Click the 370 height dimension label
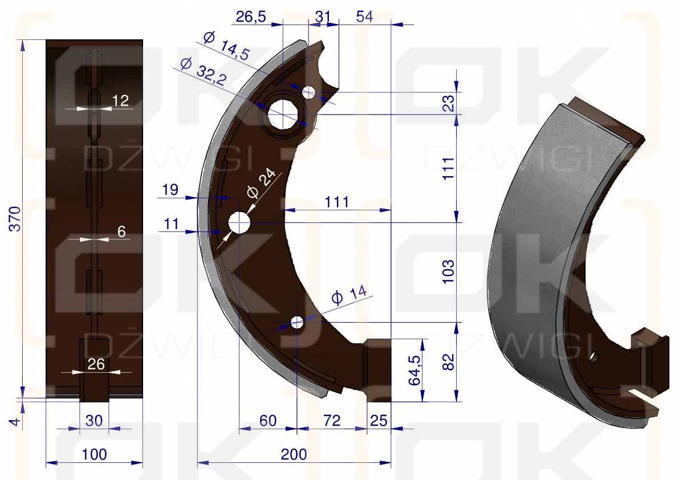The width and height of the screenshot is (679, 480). coord(15,218)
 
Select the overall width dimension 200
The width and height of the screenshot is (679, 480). coord(294,454)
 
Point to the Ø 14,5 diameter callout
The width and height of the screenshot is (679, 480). coord(226,46)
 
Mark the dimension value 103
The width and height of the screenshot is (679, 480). coord(449,272)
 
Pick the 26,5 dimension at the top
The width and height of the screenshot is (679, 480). coord(251,17)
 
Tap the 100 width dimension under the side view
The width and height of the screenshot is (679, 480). coord(95,454)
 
